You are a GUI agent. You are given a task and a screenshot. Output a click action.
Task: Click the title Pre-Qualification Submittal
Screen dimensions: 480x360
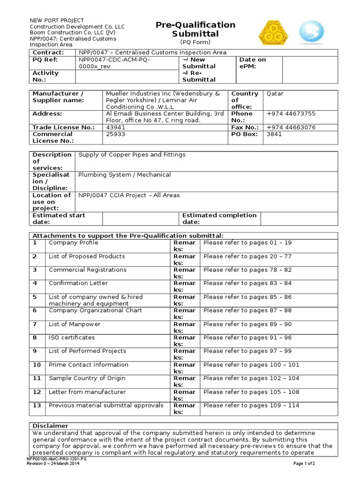click(195, 29)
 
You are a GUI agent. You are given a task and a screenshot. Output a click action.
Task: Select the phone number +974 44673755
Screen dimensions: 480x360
click(291, 114)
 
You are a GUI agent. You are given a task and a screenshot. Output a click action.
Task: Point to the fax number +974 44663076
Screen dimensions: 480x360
click(291, 127)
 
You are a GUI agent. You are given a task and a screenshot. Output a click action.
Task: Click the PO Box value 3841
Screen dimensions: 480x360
click(274, 134)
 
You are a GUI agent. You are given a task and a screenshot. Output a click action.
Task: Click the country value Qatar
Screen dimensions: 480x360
click(275, 94)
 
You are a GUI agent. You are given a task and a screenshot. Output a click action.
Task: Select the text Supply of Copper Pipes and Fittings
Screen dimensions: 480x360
click(132, 155)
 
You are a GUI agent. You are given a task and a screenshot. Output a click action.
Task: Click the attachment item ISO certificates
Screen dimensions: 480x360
click(72, 337)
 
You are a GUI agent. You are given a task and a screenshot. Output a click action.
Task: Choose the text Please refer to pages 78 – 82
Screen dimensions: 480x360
click(247, 270)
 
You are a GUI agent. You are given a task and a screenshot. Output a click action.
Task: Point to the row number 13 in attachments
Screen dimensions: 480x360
click(37, 405)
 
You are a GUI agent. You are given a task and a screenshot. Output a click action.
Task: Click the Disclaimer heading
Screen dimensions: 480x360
click(50, 426)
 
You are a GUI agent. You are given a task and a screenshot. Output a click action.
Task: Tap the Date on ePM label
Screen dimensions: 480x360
click(252, 63)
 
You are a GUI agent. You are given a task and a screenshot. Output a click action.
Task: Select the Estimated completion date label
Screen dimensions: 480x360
click(219, 218)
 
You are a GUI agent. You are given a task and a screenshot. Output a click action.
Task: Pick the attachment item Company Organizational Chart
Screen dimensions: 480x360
click(95, 310)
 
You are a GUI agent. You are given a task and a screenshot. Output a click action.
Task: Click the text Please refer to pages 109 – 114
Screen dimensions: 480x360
click(251, 405)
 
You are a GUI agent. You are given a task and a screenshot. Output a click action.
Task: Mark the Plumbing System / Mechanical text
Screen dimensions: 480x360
click(124, 175)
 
